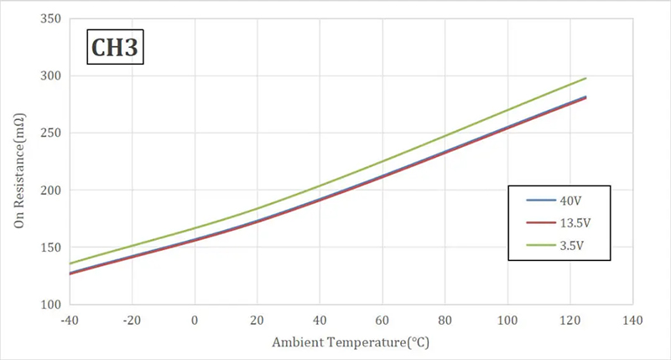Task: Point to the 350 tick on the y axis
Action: tap(51, 18)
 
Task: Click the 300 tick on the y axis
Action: tap(51, 76)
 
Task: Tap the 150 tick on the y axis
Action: tap(51, 248)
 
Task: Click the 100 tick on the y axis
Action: tap(51, 305)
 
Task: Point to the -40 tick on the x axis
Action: tap(70, 320)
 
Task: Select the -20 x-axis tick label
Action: tap(132, 320)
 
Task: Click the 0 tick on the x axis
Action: tap(195, 320)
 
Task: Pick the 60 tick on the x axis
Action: tap(382, 320)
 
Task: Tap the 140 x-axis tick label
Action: tap(632, 320)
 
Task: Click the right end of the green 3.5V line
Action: tap(585, 78)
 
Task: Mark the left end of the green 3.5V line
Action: tap(70, 263)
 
